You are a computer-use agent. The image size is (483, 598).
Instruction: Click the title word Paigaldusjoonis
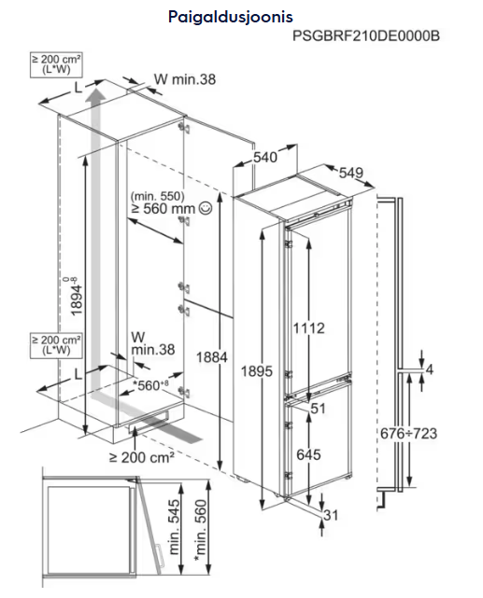pos(231,17)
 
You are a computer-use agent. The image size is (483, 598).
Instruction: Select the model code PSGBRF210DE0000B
pos(366,35)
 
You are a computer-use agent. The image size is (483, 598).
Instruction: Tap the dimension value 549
pos(351,173)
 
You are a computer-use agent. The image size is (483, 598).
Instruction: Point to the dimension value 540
pos(265,157)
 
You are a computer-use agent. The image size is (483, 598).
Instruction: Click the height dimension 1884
pos(212,357)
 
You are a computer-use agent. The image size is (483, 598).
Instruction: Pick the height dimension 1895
pos(257,371)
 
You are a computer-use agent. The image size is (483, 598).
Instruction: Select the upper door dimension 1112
pos(308,328)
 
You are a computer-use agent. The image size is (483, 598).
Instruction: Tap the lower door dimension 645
pos(308,454)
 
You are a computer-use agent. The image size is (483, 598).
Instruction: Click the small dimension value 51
pos(318,409)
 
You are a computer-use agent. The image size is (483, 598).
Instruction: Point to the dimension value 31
pos(331,515)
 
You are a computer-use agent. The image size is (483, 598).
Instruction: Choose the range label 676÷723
pos(408,434)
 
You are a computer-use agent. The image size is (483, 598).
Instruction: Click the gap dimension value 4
pos(430,369)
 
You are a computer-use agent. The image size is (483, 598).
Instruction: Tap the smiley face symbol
pos(206,208)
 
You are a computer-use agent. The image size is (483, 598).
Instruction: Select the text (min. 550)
pos(157,197)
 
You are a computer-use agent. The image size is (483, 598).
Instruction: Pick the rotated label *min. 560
pos(200,531)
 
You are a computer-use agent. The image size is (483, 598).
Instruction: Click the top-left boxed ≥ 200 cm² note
pos(56,64)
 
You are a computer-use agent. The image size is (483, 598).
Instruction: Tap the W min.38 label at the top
pos(185,79)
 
